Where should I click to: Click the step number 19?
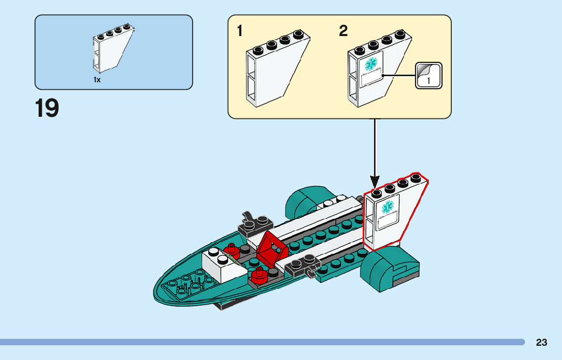click(x=47, y=108)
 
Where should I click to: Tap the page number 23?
click(x=541, y=343)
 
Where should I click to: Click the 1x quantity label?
click(x=97, y=80)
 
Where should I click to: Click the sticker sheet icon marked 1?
click(x=428, y=76)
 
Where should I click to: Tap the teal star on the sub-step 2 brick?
click(x=372, y=64)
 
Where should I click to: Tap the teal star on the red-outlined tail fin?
click(x=388, y=207)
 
